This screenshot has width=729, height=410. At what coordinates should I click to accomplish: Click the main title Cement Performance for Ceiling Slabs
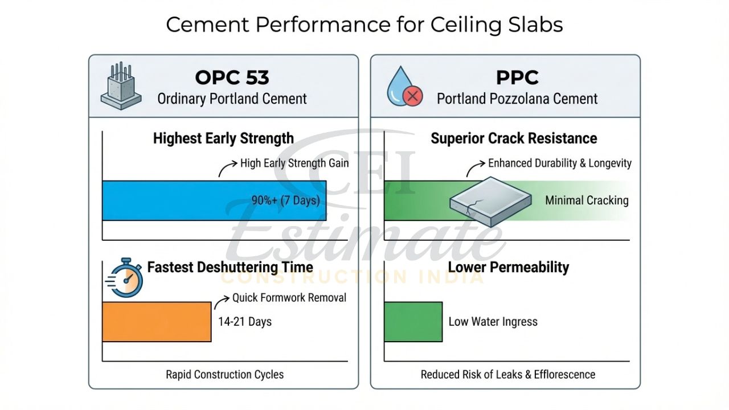(364, 25)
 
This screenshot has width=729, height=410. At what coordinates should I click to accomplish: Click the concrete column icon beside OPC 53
(121, 86)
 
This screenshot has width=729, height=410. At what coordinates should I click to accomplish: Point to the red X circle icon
(412, 97)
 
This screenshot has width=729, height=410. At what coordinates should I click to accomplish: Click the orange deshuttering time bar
(157, 322)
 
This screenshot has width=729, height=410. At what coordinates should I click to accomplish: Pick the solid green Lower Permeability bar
(413, 322)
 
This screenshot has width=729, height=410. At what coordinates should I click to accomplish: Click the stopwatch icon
(126, 279)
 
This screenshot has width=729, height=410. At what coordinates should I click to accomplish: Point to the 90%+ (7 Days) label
(285, 200)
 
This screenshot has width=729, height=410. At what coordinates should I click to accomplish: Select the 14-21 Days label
(245, 322)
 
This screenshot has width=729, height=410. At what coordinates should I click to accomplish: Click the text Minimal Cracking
(587, 200)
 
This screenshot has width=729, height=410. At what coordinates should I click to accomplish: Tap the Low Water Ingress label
(493, 322)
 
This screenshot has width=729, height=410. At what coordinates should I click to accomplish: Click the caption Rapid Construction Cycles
(224, 375)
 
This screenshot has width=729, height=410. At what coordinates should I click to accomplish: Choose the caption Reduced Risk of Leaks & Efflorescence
(508, 375)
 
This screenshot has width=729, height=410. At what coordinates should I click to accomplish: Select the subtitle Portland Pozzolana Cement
(517, 99)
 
